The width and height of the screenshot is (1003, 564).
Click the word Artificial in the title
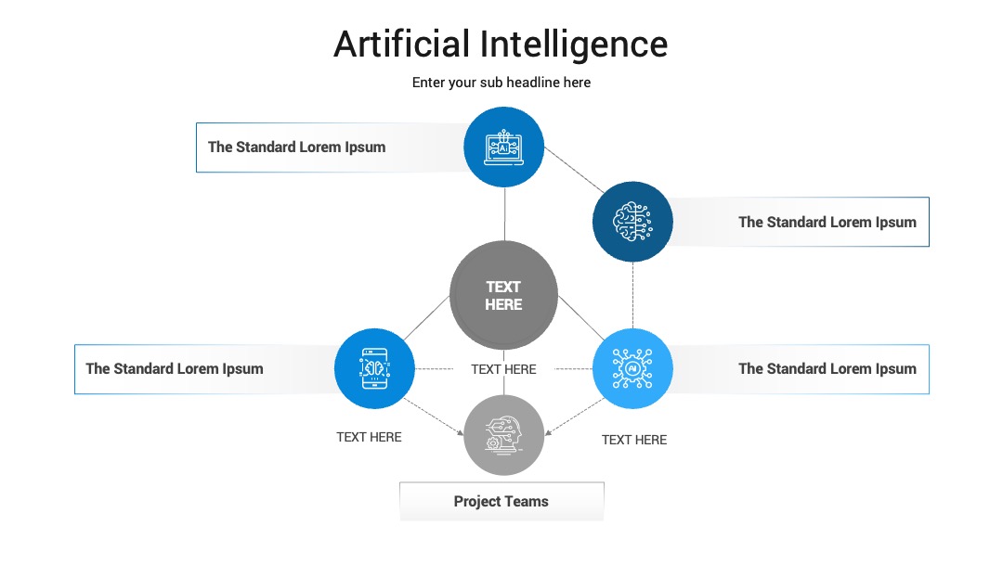402,45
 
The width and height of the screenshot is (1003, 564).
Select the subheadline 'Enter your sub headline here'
501,83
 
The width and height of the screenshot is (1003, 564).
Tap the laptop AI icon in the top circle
504,147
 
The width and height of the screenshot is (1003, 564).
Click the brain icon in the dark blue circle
632,222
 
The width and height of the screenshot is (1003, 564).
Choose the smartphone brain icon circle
374,368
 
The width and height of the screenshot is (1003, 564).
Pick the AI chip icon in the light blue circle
632,368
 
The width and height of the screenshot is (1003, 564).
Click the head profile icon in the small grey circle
503,435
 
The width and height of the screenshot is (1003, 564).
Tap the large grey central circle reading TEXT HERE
503,295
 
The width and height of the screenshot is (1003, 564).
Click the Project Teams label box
501,502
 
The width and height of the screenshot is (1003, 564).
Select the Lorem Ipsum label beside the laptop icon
297,147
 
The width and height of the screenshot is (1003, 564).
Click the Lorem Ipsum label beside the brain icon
827,223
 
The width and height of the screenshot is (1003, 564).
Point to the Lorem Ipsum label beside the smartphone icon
175,369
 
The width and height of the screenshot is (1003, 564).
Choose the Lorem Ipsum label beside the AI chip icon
827,369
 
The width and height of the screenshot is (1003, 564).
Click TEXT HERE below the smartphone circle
369,437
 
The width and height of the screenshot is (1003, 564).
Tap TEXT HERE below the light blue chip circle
634,440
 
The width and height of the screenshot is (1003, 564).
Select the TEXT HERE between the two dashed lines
503,369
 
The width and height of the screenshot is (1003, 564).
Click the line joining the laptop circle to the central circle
504,214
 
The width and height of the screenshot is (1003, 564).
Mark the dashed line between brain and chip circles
633,295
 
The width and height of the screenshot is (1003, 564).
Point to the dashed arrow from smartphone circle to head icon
434,417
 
